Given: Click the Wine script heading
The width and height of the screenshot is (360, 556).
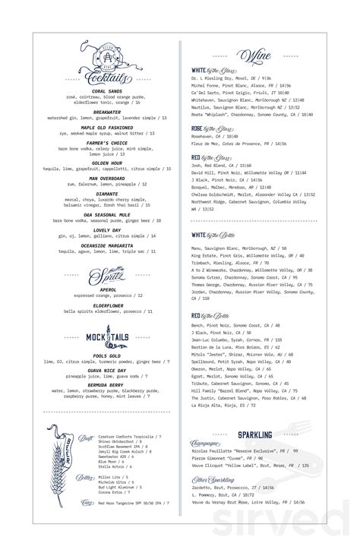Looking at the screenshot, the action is tap(254, 55).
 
